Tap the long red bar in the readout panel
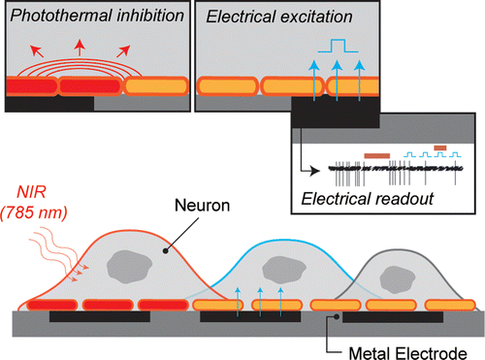pos(375,153)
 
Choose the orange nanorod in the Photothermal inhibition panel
pos(156,86)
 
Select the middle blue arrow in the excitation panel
pos(337,74)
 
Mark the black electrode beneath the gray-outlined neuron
pos(394,317)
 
